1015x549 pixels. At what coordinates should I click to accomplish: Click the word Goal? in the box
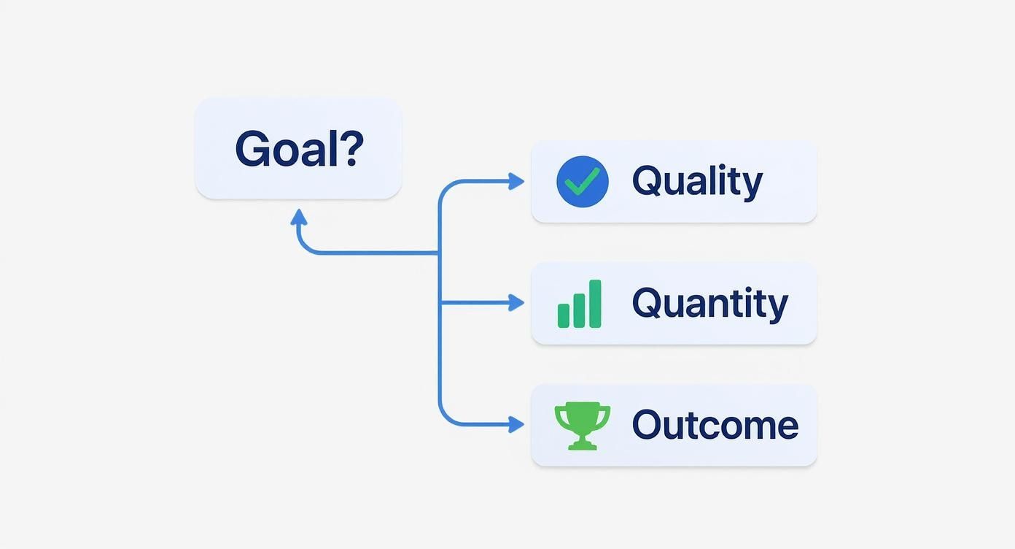(300, 148)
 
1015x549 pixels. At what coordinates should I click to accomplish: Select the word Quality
(697, 183)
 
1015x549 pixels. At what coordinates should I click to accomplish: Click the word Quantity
(710, 304)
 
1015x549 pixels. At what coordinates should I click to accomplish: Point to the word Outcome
(715, 425)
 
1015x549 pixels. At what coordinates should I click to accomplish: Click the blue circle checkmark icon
(583, 182)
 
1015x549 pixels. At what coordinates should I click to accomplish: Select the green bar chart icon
(580, 304)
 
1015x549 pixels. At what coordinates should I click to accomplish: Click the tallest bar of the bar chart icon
(595, 304)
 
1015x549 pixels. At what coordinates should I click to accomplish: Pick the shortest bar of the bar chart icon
(564, 316)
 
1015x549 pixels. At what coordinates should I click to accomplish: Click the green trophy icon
(583, 426)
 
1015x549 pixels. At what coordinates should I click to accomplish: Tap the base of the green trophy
(583, 445)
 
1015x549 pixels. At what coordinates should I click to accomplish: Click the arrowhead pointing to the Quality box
(516, 181)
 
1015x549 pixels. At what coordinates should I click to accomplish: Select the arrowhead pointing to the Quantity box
(516, 303)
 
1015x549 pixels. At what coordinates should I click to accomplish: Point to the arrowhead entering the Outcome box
(516, 425)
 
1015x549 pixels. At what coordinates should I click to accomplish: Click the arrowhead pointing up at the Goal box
(299, 217)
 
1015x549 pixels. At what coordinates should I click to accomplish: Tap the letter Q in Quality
(646, 181)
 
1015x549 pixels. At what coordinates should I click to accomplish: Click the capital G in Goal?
(250, 149)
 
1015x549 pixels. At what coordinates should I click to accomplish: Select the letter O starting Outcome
(647, 425)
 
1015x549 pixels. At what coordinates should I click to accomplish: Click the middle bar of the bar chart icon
(579, 310)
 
